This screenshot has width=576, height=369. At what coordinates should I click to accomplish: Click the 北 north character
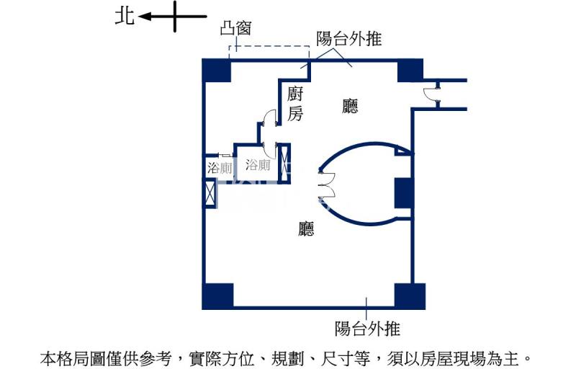[125, 17]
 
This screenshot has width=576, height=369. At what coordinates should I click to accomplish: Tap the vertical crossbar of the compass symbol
[175, 17]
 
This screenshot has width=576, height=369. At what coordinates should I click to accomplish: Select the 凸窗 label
[235, 28]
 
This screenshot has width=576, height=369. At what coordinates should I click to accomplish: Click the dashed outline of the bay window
[269, 47]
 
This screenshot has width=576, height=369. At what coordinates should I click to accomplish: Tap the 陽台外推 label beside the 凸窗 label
[349, 38]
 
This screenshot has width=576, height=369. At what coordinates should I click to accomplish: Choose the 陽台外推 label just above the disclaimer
[367, 328]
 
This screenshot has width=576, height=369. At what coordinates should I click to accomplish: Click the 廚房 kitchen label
[295, 103]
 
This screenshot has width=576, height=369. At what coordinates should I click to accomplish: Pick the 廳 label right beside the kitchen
[350, 106]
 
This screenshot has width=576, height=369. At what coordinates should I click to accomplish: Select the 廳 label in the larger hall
[306, 228]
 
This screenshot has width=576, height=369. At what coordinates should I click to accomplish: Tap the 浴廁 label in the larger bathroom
[258, 164]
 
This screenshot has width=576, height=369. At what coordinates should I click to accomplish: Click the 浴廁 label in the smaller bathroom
[220, 168]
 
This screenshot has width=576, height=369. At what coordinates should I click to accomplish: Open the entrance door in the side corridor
[431, 95]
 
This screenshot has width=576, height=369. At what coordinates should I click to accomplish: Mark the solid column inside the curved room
[403, 193]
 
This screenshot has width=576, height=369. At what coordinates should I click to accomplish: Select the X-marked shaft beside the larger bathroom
[284, 163]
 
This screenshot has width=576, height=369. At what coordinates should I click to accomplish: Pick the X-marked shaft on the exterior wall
[210, 192]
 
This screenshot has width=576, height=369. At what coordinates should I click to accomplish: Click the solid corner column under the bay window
[217, 71]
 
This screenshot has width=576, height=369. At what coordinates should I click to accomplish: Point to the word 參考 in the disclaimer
[156, 359]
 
